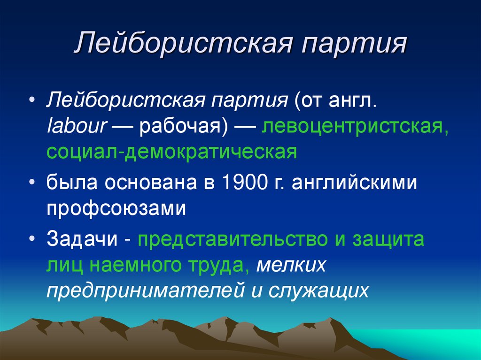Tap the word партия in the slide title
(x=353, y=44)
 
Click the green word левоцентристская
(x=355, y=128)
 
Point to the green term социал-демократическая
(x=171, y=153)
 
